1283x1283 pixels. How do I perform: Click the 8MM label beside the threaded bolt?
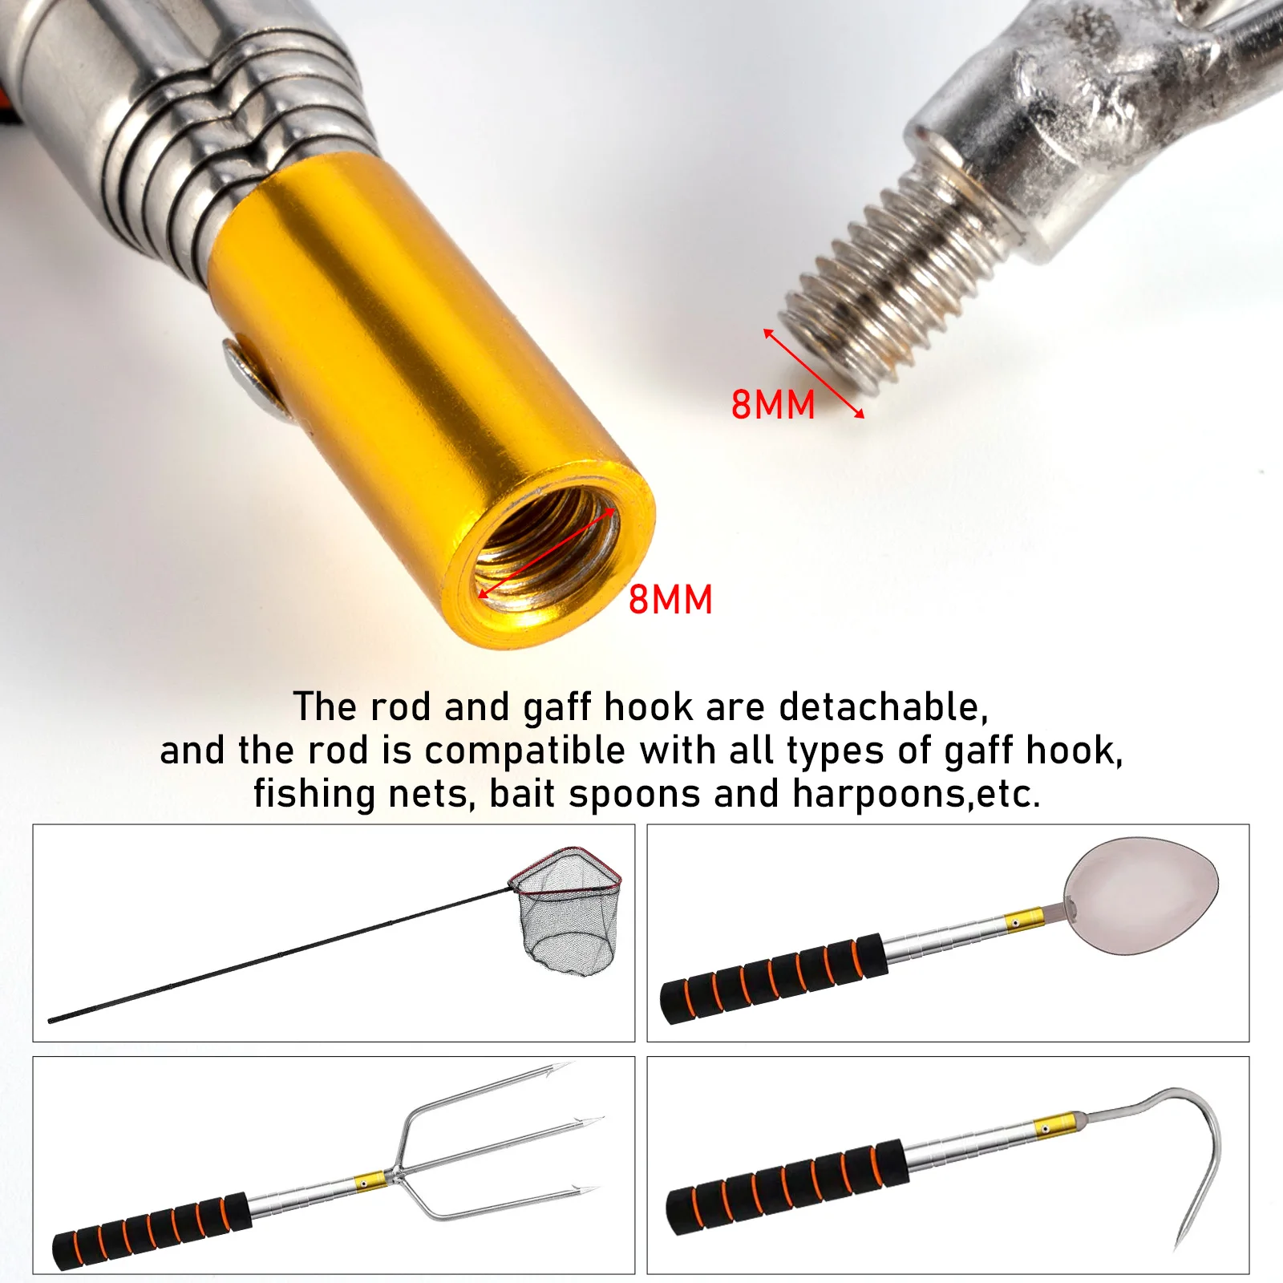coord(772,405)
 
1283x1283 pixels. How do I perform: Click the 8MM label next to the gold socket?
coord(670,600)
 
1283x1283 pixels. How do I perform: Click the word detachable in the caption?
coord(882,707)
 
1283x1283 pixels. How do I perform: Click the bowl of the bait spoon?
coord(1143,894)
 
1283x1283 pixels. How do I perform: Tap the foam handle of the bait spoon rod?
coord(774,978)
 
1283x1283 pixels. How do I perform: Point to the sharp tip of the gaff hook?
coord(1177,1247)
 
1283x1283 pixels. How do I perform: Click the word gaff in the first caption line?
coord(559,707)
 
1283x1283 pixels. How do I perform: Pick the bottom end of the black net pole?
coord(53,1020)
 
